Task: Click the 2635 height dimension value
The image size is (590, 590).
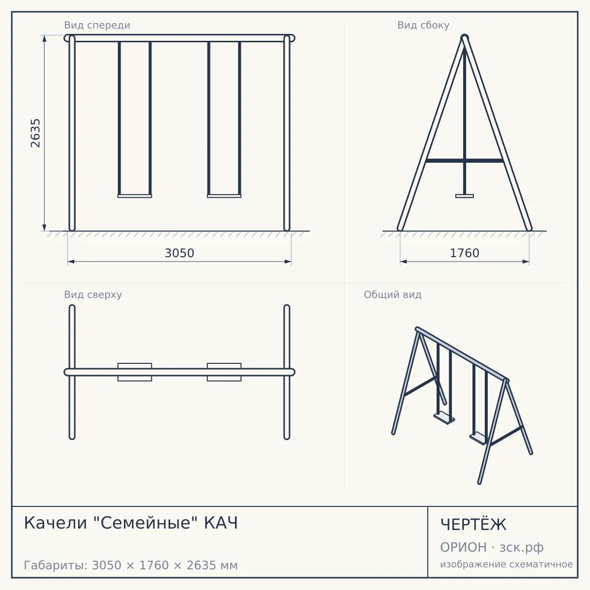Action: (35, 133)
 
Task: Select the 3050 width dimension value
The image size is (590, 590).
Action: (179, 253)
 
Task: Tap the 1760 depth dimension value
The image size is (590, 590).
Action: (465, 253)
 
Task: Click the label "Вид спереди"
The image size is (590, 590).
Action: (97, 25)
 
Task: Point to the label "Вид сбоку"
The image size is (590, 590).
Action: (423, 25)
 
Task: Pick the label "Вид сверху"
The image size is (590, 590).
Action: (93, 295)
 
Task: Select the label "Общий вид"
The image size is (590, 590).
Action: (392, 295)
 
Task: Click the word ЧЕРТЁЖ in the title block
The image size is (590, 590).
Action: (473, 525)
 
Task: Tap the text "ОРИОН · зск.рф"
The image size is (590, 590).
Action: (492, 547)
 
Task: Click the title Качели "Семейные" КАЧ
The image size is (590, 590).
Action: (131, 523)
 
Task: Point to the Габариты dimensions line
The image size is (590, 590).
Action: (131, 565)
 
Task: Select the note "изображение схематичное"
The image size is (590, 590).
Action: (506, 564)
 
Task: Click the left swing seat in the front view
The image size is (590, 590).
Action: (135, 196)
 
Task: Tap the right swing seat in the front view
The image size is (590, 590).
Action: (224, 196)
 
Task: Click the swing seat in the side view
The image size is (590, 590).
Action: (465, 196)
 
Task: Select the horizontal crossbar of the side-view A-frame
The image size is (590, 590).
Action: (465, 160)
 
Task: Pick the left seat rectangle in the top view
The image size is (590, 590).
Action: (135, 372)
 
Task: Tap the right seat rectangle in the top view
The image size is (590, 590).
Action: (224, 372)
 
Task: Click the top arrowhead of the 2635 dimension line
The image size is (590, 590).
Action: (44, 38)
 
